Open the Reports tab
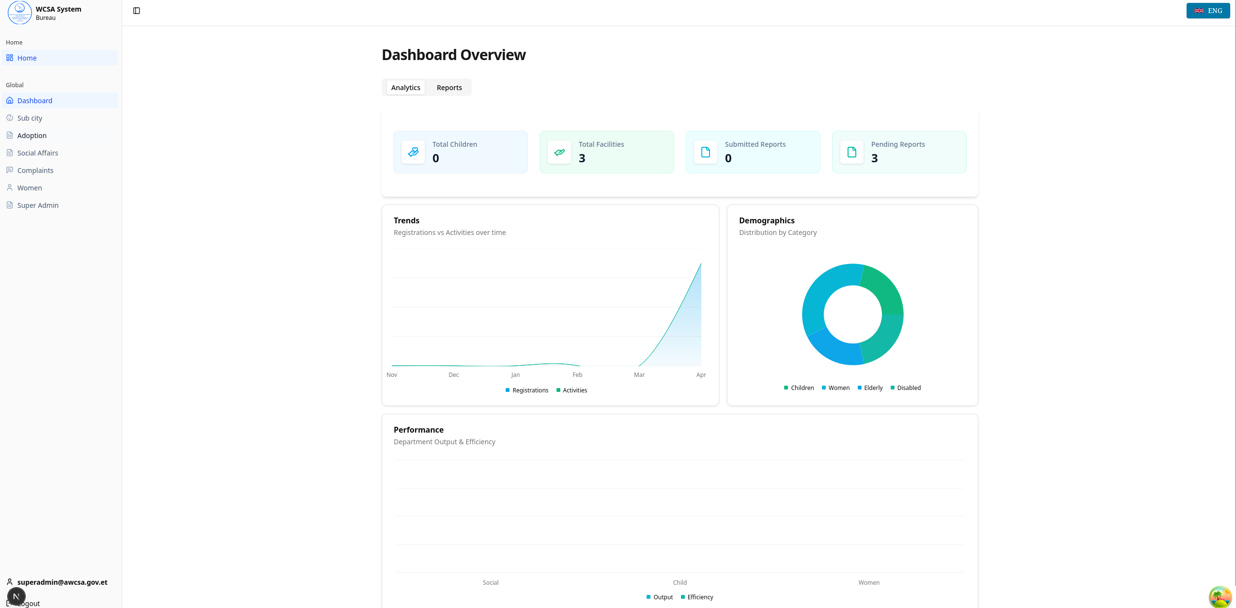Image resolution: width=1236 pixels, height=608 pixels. click(x=449, y=88)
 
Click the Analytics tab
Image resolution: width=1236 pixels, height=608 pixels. click(x=405, y=88)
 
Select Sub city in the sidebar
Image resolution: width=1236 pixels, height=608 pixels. click(x=30, y=118)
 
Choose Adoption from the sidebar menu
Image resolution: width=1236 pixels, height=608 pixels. click(x=32, y=136)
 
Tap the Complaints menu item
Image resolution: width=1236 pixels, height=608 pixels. click(x=35, y=171)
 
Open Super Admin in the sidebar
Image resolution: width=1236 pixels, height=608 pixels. click(x=38, y=205)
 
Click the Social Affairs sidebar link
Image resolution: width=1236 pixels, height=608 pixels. click(x=38, y=153)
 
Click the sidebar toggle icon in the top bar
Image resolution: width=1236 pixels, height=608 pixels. click(x=137, y=11)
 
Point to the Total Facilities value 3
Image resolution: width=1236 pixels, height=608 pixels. click(x=582, y=158)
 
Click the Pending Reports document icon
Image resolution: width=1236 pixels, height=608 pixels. click(x=851, y=152)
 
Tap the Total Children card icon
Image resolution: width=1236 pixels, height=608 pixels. click(x=413, y=152)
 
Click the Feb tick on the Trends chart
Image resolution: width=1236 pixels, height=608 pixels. click(x=577, y=375)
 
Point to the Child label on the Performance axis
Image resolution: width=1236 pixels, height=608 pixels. click(x=680, y=583)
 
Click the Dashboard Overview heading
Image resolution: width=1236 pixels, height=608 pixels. click(x=453, y=55)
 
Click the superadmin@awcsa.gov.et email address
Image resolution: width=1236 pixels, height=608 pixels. click(x=62, y=582)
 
